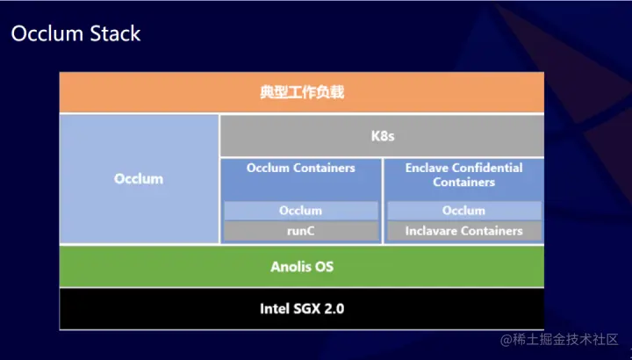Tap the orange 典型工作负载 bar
tap(301, 92)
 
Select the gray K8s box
tap(381, 136)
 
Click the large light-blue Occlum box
tap(139, 179)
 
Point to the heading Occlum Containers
tap(301, 168)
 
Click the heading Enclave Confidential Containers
tap(463, 175)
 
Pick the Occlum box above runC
tap(301, 211)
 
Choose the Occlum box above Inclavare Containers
tap(463, 211)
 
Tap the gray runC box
tap(301, 231)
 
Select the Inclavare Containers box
tap(463, 231)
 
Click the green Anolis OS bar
tap(301, 266)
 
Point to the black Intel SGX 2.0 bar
tap(301, 309)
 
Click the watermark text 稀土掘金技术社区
tap(565, 339)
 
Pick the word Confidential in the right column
tap(488, 168)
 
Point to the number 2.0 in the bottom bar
tap(331, 309)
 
